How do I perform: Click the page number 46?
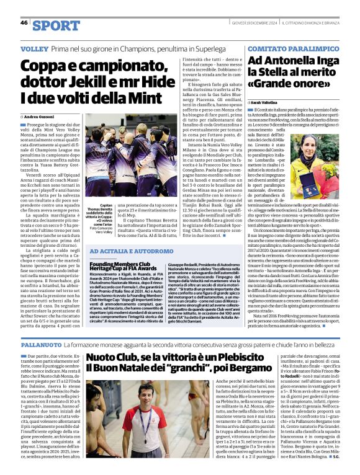tap(24, 23)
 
